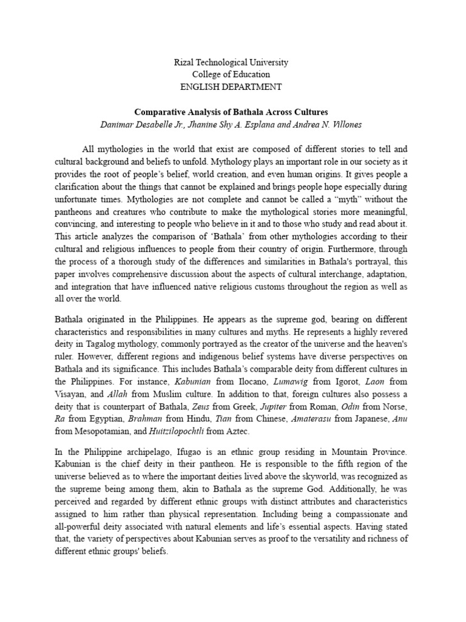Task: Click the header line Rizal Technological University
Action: pyautogui.click(x=231, y=63)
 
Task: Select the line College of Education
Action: pyautogui.click(x=231, y=75)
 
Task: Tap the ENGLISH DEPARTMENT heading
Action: pyautogui.click(x=231, y=87)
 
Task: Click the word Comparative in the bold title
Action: pyautogui.click(x=160, y=112)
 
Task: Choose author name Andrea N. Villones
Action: pyautogui.click(x=328, y=125)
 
